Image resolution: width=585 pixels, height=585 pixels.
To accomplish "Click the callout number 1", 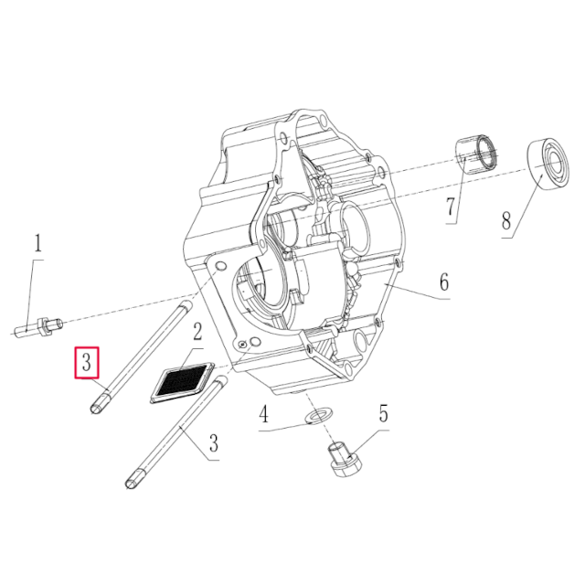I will coord(37,244).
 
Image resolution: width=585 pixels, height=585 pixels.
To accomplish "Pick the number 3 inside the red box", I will coord(86,362).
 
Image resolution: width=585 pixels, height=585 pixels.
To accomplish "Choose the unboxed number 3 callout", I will coord(214,444).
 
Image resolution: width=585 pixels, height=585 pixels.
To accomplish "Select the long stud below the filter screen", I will coord(174,430).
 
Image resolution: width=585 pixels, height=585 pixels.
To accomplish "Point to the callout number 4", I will coord(263,416).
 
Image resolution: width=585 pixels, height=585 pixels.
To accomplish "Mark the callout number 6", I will coord(442,282).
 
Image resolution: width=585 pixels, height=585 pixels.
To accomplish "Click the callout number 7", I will coord(451,207).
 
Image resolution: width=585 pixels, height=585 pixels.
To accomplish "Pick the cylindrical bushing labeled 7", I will coord(477,153).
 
